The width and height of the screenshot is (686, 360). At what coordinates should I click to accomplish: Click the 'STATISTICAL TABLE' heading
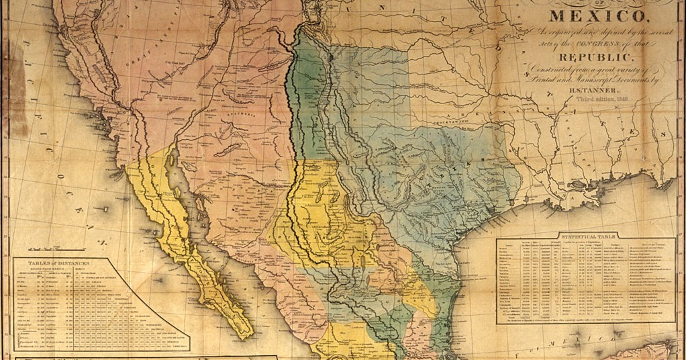pos(573,236)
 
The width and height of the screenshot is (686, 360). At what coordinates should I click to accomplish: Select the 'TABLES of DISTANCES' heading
pos(58,263)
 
